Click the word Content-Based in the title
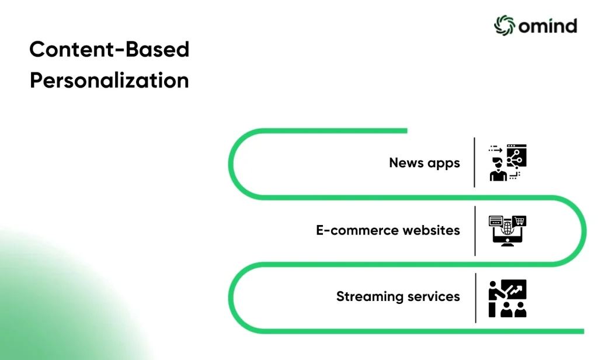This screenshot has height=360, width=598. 109,50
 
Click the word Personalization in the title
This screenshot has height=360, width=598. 109,81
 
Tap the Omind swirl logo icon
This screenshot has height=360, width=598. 504,26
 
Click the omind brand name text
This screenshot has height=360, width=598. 548,26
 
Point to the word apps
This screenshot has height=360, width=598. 444,164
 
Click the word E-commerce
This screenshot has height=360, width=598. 357,230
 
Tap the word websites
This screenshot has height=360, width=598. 431,230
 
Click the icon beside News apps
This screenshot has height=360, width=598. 507,162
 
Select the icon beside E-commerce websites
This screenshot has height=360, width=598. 507,231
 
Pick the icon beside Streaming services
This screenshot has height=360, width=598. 507,298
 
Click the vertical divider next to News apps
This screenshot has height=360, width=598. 474,162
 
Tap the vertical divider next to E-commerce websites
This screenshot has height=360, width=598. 475,231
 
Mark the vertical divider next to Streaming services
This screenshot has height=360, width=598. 475,298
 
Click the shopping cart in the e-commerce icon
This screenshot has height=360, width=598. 519,221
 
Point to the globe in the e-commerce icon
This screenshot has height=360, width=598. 507,229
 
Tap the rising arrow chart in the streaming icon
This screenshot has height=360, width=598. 516,290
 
